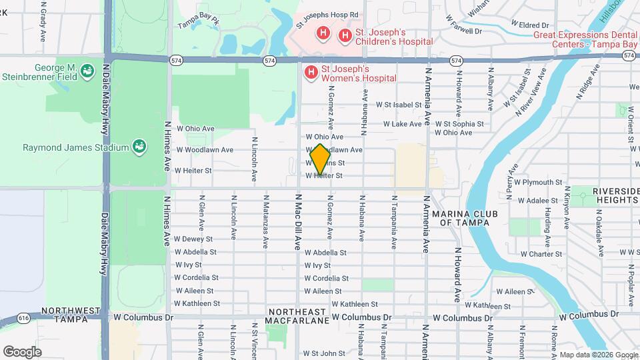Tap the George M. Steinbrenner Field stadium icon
(86, 69)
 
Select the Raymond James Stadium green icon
(139, 146)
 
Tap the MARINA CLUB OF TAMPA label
(461, 217)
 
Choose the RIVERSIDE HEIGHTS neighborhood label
(606, 195)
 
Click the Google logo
(22, 351)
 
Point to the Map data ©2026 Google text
(598, 355)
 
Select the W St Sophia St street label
(459, 124)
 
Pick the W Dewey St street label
(193, 239)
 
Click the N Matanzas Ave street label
(265, 222)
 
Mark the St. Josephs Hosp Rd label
(327, 15)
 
